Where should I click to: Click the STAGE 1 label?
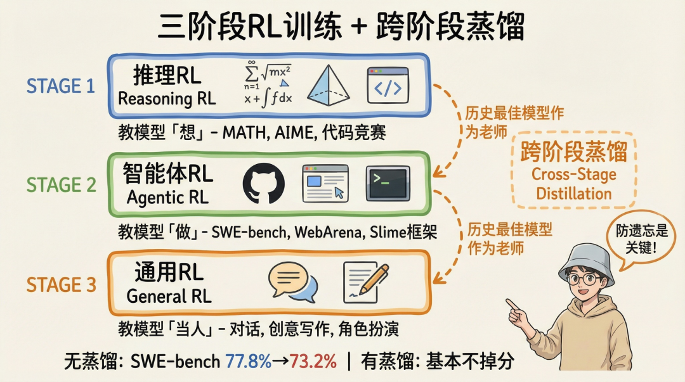point(61,86)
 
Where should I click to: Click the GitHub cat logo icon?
point(264,183)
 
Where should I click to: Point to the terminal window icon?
point(388,183)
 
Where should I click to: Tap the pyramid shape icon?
point(329,86)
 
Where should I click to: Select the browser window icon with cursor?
point(325,183)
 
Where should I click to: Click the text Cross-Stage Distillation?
point(573,184)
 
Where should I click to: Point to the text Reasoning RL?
point(167,99)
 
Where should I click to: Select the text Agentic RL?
point(166,198)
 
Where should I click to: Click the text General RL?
point(169,296)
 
